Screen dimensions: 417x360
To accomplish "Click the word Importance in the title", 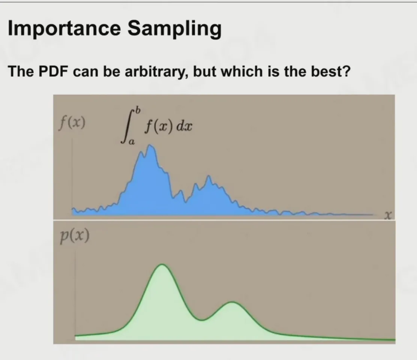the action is [x=64, y=28].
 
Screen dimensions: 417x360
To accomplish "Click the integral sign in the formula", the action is [x=128, y=126].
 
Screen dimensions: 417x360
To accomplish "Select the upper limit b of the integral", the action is [x=137, y=109].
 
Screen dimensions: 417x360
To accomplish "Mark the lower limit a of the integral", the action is [x=131, y=142].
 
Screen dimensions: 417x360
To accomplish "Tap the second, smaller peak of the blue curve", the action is [x=209, y=176].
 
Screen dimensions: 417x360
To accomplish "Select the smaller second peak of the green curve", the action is [x=232, y=302].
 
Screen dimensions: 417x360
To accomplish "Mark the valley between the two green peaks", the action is [x=202, y=320].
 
